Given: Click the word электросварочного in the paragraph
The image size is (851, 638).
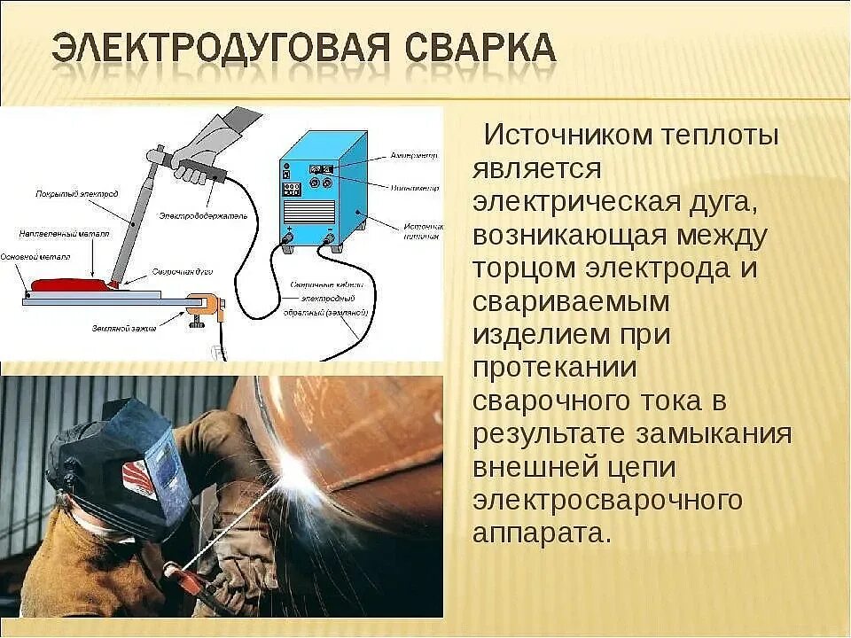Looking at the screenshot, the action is pos(607,501).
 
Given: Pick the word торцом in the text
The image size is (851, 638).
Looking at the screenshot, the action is pos(513,268).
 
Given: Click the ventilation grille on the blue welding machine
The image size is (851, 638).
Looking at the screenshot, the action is pos(309,211).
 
